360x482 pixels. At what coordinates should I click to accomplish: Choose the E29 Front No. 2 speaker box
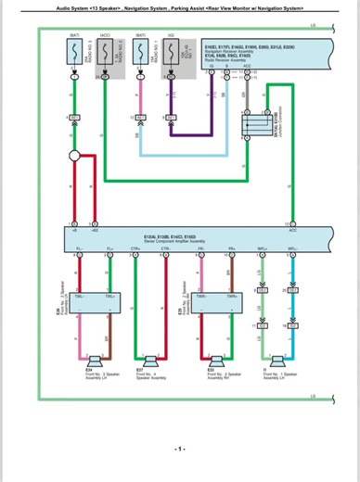tap(212, 300)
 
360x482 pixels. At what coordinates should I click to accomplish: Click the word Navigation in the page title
tap(138, 7)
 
